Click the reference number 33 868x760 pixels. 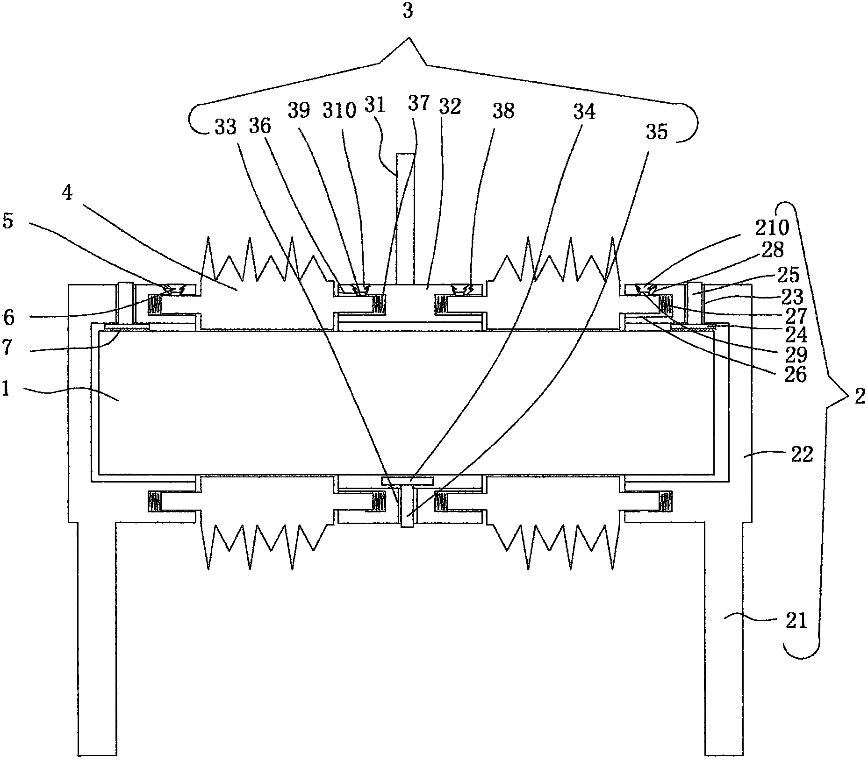pyautogui.click(x=225, y=127)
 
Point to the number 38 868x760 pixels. pyautogui.click(x=503, y=111)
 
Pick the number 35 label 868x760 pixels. pyautogui.click(x=657, y=132)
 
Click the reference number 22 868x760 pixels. pyautogui.click(x=802, y=455)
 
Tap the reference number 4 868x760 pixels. pyautogui.click(x=67, y=193)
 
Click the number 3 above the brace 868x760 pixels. pyautogui.click(x=408, y=11)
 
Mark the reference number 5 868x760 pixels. pyautogui.click(x=7, y=221)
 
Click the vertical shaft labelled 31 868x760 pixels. pyautogui.click(x=405, y=218)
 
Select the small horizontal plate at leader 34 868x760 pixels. pyautogui.click(x=407, y=480)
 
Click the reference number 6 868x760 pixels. pyautogui.click(x=8, y=318)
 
